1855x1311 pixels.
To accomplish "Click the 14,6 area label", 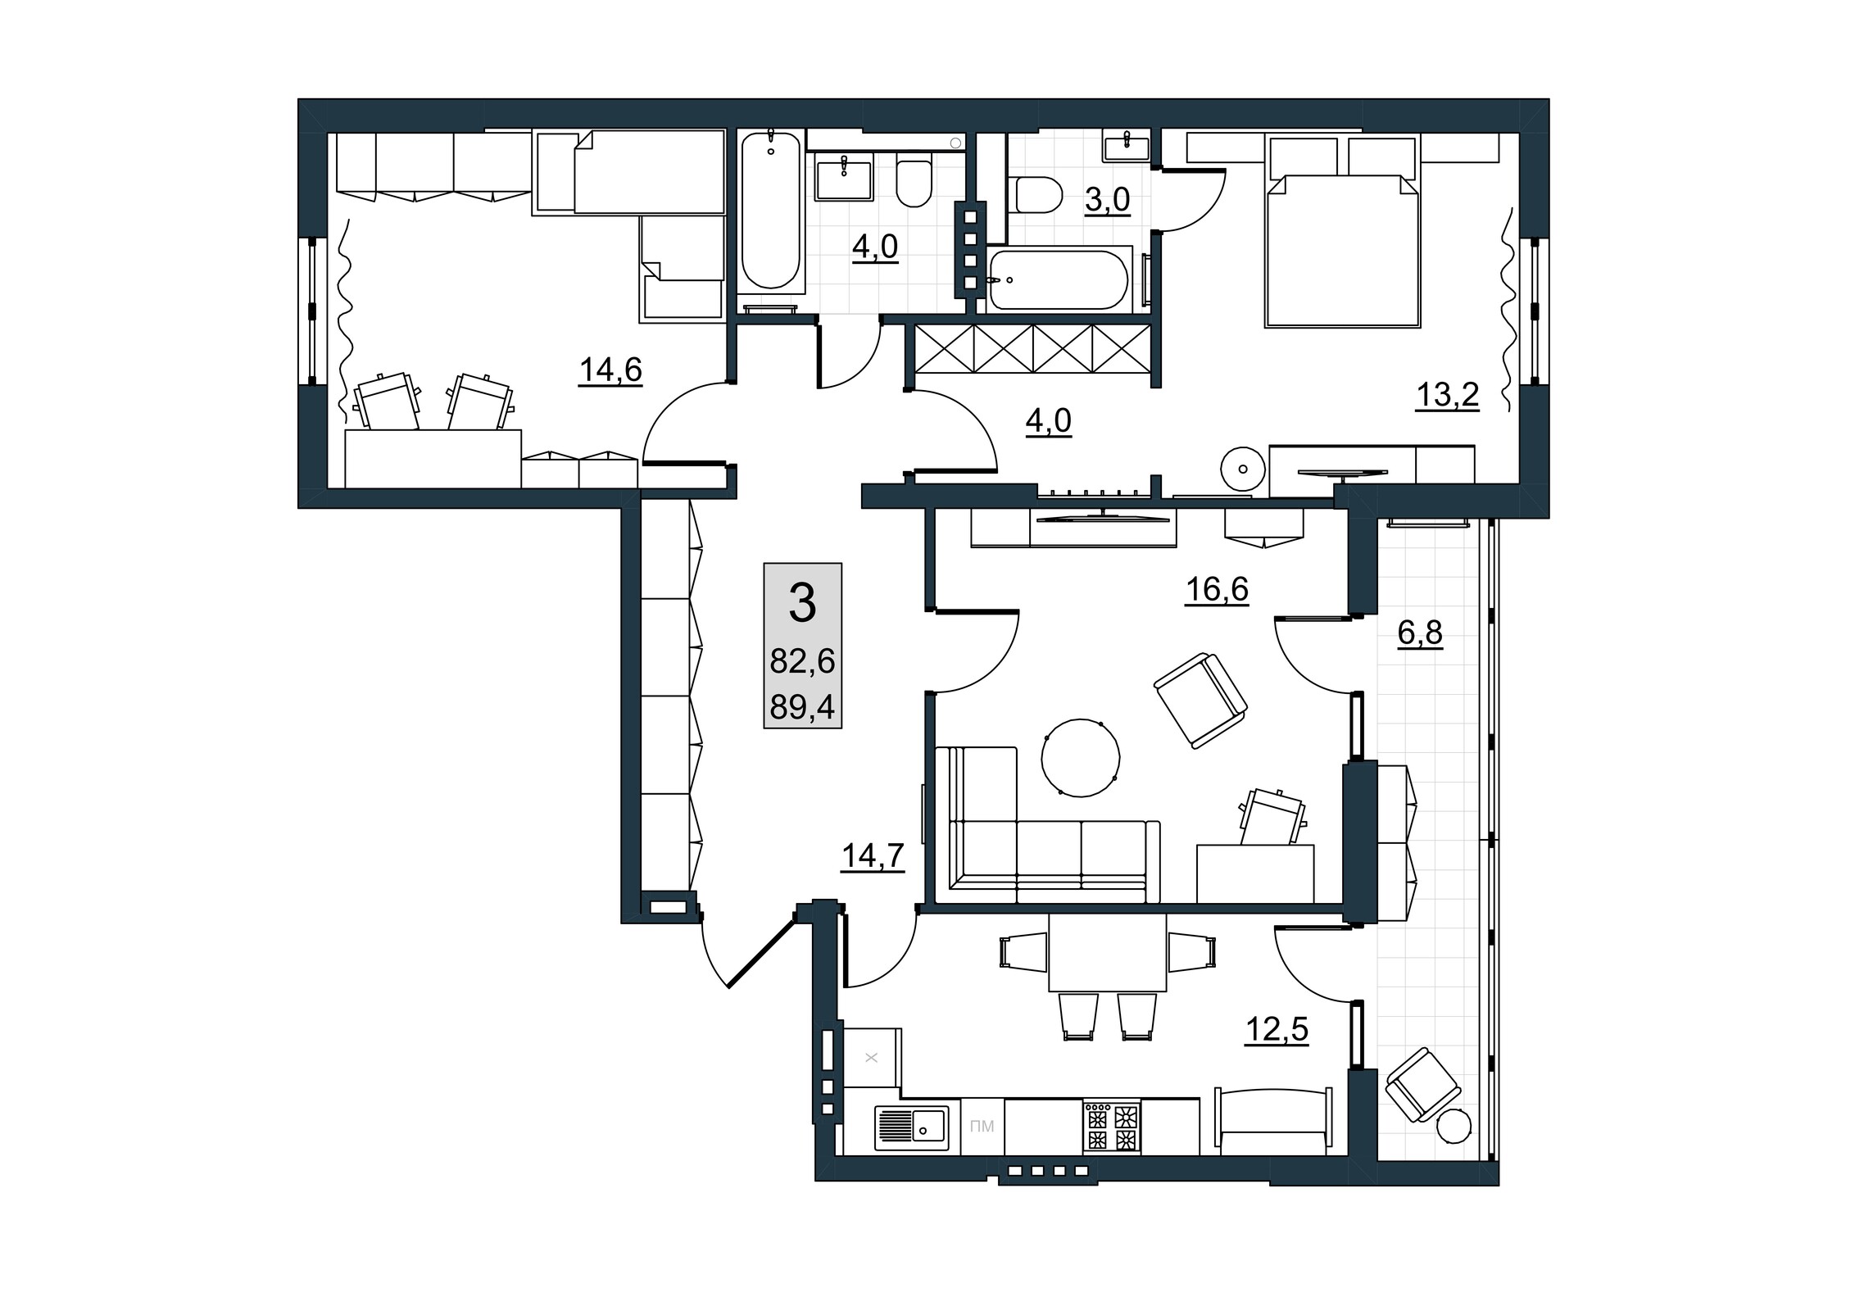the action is [x=610, y=370].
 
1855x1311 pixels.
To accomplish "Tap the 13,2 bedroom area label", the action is [x=1448, y=395].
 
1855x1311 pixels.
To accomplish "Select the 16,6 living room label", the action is [x=1217, y=588].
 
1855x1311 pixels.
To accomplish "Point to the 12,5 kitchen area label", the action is [x=1277, y=1029].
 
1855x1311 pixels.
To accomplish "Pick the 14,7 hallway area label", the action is [x=873, y=855].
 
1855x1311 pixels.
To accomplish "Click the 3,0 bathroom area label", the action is [x=1108, y=199].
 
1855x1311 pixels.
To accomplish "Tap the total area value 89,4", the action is [x=802, y=706].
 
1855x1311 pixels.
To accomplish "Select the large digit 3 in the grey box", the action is [x=802, y=603].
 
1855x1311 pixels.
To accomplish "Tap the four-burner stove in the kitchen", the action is [x=1111, y=1127].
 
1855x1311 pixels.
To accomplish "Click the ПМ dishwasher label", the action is [x=982, y=1127].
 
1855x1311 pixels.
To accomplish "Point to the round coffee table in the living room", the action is [x=1081, y=757].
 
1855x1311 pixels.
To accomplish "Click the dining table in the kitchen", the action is [x=1107, y=952].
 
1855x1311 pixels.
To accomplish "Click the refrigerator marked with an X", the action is [x=872, y=1058].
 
